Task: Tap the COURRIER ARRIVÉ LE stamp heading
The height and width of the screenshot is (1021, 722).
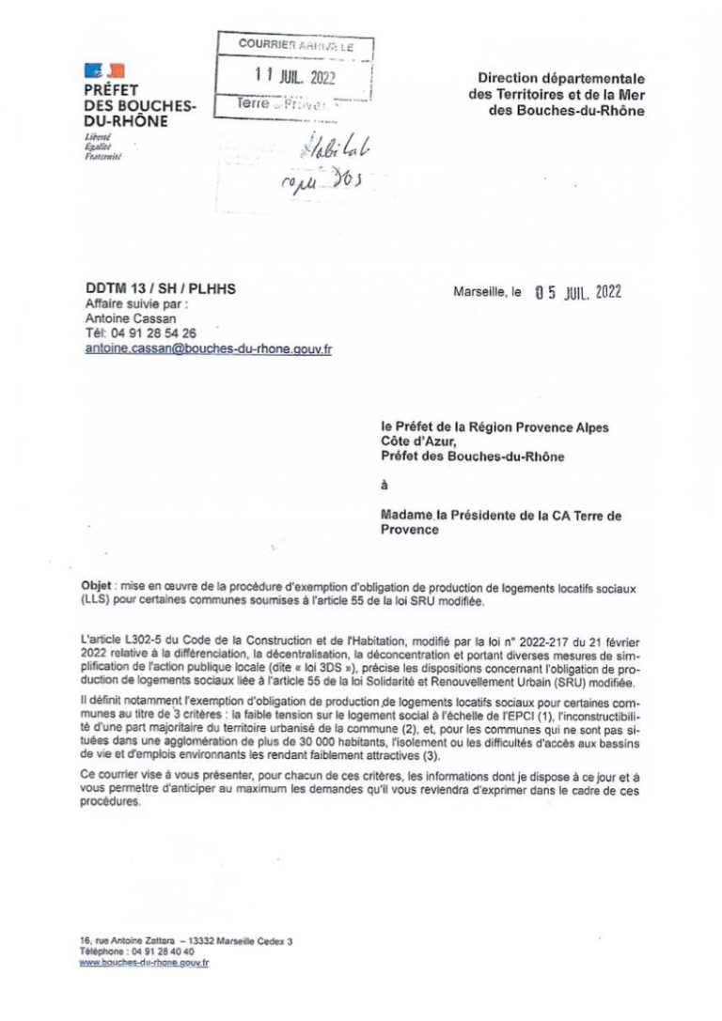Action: point(294,44)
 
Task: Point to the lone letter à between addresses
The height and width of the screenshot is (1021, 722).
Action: point(384,487)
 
